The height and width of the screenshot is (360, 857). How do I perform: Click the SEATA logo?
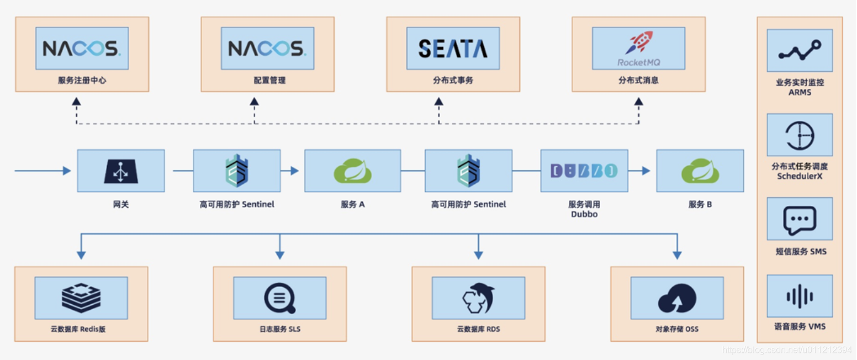(x=453, y=49)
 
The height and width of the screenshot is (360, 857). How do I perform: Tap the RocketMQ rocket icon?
(x=639, y=43)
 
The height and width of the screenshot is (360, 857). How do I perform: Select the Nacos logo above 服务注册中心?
(x=82, y=49)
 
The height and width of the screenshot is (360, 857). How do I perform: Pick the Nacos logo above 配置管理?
(x=267, y=49)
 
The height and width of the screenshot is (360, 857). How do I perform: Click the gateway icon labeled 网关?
(x=121, y=171)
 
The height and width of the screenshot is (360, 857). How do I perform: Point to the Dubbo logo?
(x=584, y=171)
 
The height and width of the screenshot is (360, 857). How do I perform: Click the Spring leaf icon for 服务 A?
(x=353, y=171)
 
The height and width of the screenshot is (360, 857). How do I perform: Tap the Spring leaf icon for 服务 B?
(x=700, y=171)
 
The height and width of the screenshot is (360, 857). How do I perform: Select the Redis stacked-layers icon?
(x=81, y=298)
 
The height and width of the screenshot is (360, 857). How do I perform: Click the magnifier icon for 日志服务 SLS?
(x=280, y=298)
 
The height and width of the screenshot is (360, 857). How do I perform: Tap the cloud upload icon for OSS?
(x=677, y=298)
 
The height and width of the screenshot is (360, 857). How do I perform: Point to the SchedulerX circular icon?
(x=800, y=135)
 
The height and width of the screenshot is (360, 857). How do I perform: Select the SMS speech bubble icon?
(x=800, y=220)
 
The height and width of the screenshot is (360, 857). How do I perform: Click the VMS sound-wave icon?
(x=800, y=296)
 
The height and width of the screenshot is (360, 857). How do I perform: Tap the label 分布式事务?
(x=453, y=81)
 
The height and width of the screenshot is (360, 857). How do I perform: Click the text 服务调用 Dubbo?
(x=584, y=209)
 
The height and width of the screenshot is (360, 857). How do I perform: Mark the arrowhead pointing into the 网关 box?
(x=67, y=171)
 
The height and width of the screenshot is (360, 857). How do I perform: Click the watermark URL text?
(x=787, y=350)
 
